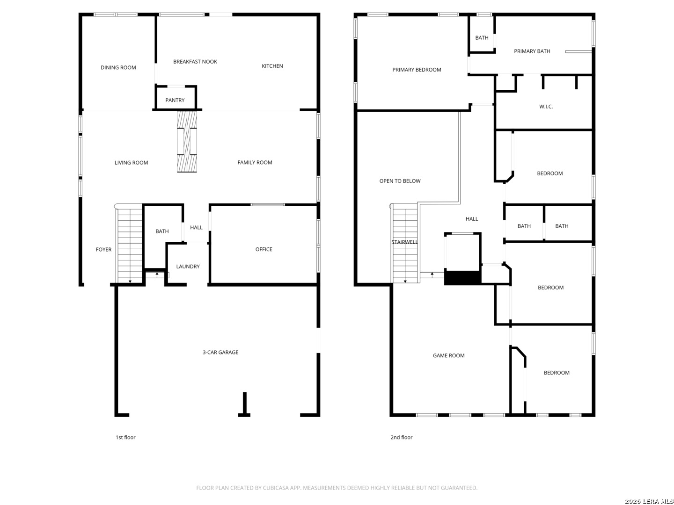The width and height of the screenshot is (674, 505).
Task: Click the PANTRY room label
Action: click(175, 100)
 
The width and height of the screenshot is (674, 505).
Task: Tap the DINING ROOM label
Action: click(118, 67)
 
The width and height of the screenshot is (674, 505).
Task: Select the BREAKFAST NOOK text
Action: click(195, 62)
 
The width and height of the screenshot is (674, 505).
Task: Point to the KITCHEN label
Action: click(272, 66)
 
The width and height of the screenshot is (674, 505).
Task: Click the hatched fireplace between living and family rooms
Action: click(187, 141)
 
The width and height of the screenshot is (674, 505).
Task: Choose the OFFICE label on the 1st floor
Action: click(264, 249)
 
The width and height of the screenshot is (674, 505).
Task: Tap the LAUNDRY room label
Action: click(188, 267)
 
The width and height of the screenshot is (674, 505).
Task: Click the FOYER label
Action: click(103, 249)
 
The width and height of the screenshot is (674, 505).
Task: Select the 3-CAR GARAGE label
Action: click(220, 352)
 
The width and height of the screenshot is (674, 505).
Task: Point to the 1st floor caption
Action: click(125, 437)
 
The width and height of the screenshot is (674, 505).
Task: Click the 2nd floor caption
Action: click(401, 437)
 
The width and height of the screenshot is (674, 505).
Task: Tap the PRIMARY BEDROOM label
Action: click(417, 70)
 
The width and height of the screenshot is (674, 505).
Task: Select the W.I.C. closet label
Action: click(546, 107)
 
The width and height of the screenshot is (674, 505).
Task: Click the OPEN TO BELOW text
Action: click(400, 181)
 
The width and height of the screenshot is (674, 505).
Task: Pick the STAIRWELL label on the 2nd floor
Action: click(404, 242)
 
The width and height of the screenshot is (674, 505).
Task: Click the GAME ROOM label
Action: click(448, 355)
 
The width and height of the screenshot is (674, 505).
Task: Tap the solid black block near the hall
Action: click(462, 277)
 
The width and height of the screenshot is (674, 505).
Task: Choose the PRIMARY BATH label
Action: click(532, 51)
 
